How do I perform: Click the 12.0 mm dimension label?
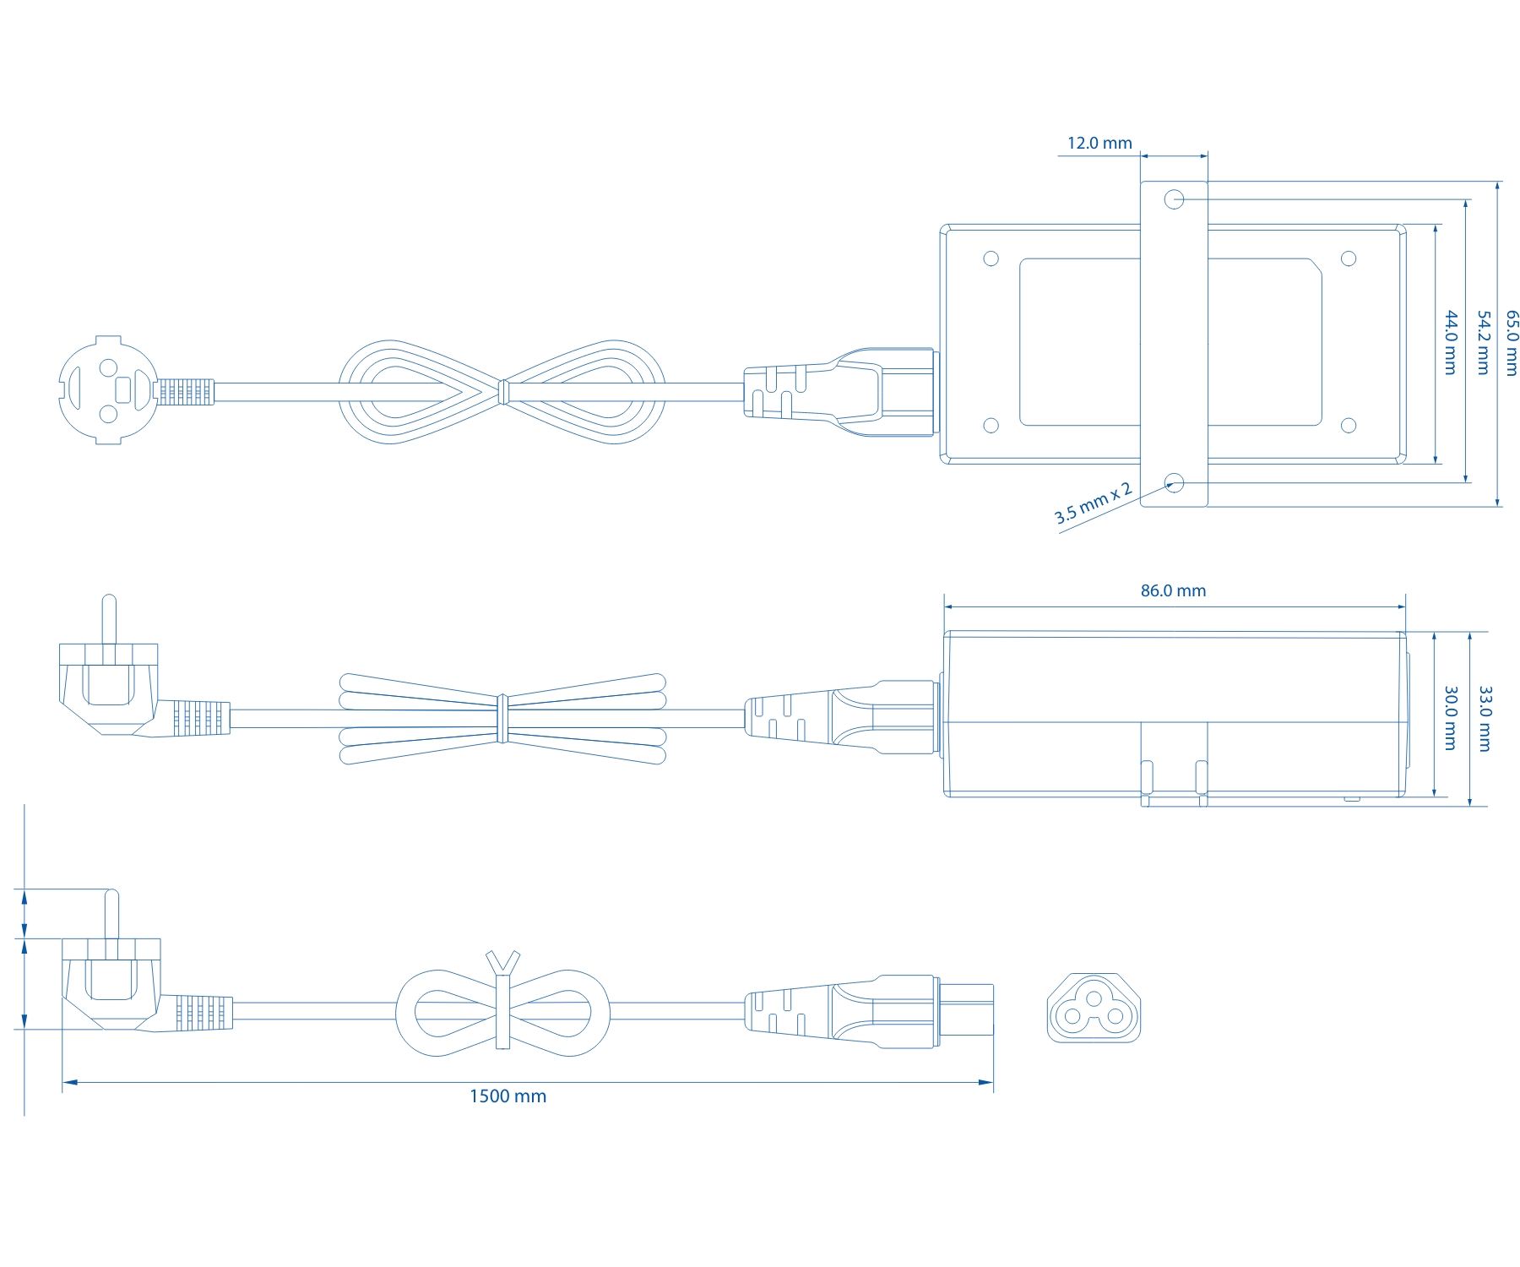pyautogui.click(x=1099, y=143)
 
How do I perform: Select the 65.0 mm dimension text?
pyautogui.click(x=1512, y=343)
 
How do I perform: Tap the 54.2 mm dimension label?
pyautogui.click(x=1482, y=343)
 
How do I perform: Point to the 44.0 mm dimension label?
pyautogui.click(x=1451, y=343)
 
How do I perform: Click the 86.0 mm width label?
pyautogui.click(x=1173, y=590)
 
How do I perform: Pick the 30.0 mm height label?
pyautogui.click(x=1451, y=718)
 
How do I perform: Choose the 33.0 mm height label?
pyautogui.click(x=1485, y=718)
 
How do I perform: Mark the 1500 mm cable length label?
pyautogui.click(x=508, y=1096)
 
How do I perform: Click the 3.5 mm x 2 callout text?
pyautogui.click(x=1093, y=503)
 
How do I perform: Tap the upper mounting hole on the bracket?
pyautogui.click(x=1174, y=199)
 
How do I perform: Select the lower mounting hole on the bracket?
pyautogui.click(x=1174, y=483)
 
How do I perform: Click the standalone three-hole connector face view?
pyautogui.click(x=1094, y=1008)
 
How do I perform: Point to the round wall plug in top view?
pyautogui.click(x=108, y=390)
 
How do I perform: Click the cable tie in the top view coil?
pyautogui.click(x=502, y=392)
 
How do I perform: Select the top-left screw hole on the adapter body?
pyautogui.click(x=991, y=258)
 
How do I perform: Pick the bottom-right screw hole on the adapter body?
pyautogui.click(x=1349, y=426)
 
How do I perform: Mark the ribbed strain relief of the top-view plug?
pyautogui.click(x=186, y=392)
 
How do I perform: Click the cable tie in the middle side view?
pyautogui.click(x=502, y=719)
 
